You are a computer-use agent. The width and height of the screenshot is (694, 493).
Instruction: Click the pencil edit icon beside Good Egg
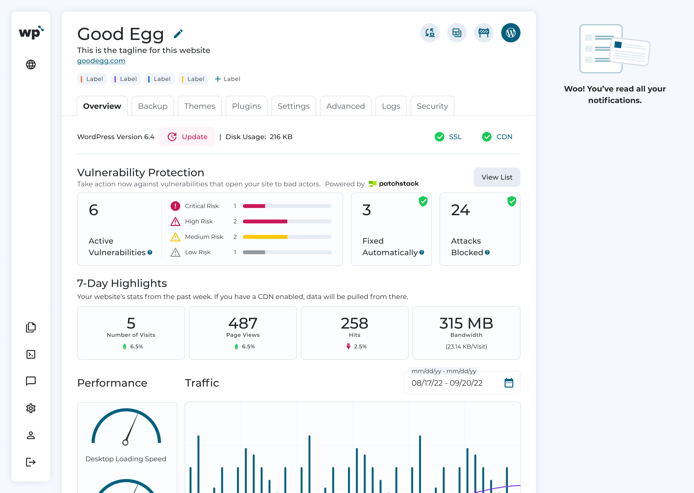[178, 34]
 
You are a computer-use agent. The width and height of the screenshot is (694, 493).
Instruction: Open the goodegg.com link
[101, 61]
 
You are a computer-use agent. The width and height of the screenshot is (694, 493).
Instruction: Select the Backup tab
[153, 106]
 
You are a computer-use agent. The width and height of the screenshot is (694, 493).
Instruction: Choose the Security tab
[432, 106]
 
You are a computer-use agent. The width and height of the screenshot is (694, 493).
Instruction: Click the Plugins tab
[247, 106]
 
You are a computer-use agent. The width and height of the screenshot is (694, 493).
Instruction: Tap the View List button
[497, 177]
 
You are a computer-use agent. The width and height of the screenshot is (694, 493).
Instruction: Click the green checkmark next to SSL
[439, 137]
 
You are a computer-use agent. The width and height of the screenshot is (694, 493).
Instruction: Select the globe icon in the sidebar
[31, 64]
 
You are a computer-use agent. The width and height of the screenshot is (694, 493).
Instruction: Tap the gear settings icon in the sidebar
[31, 408]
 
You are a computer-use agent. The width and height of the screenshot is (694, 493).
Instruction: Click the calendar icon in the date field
[509, 383]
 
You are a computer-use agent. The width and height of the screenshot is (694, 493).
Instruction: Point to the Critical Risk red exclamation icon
[175, 206]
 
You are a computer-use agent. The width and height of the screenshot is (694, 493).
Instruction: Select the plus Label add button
[227, 79]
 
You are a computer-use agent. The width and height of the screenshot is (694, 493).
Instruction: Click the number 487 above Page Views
[243, 323]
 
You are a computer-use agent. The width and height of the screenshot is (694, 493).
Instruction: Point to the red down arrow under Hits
[348, 346]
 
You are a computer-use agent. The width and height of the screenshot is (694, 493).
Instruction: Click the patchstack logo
[394, 184]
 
